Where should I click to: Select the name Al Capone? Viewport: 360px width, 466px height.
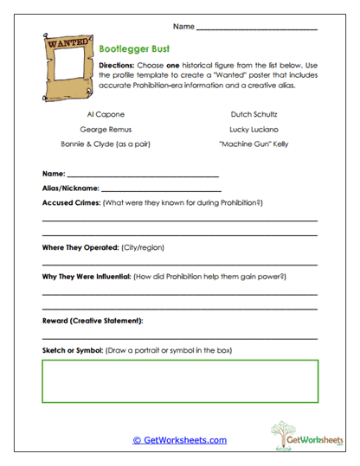(x=103, y=113)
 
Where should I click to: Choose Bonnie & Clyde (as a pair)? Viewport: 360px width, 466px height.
(x=103, y=144)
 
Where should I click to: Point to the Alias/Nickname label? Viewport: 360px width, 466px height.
(x=71, y=187)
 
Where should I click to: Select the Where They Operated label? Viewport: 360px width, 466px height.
(x=80, y=247)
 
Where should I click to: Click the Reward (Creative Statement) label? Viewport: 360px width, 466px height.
(x=93, y=321)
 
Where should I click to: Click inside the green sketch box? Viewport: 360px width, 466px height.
(x=179, y=381)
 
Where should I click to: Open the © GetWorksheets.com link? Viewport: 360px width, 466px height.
(x=180, y=440)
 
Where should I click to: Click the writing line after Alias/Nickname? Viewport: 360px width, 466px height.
(x=161, y=188)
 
